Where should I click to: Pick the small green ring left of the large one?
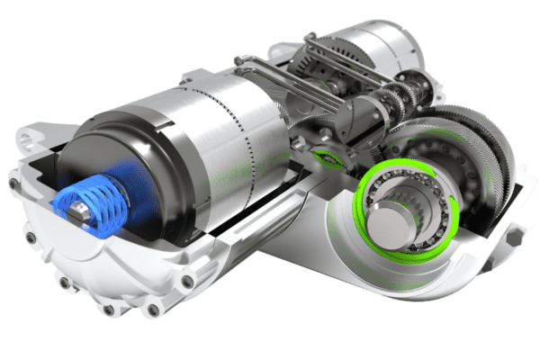click(x=329, y=160)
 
